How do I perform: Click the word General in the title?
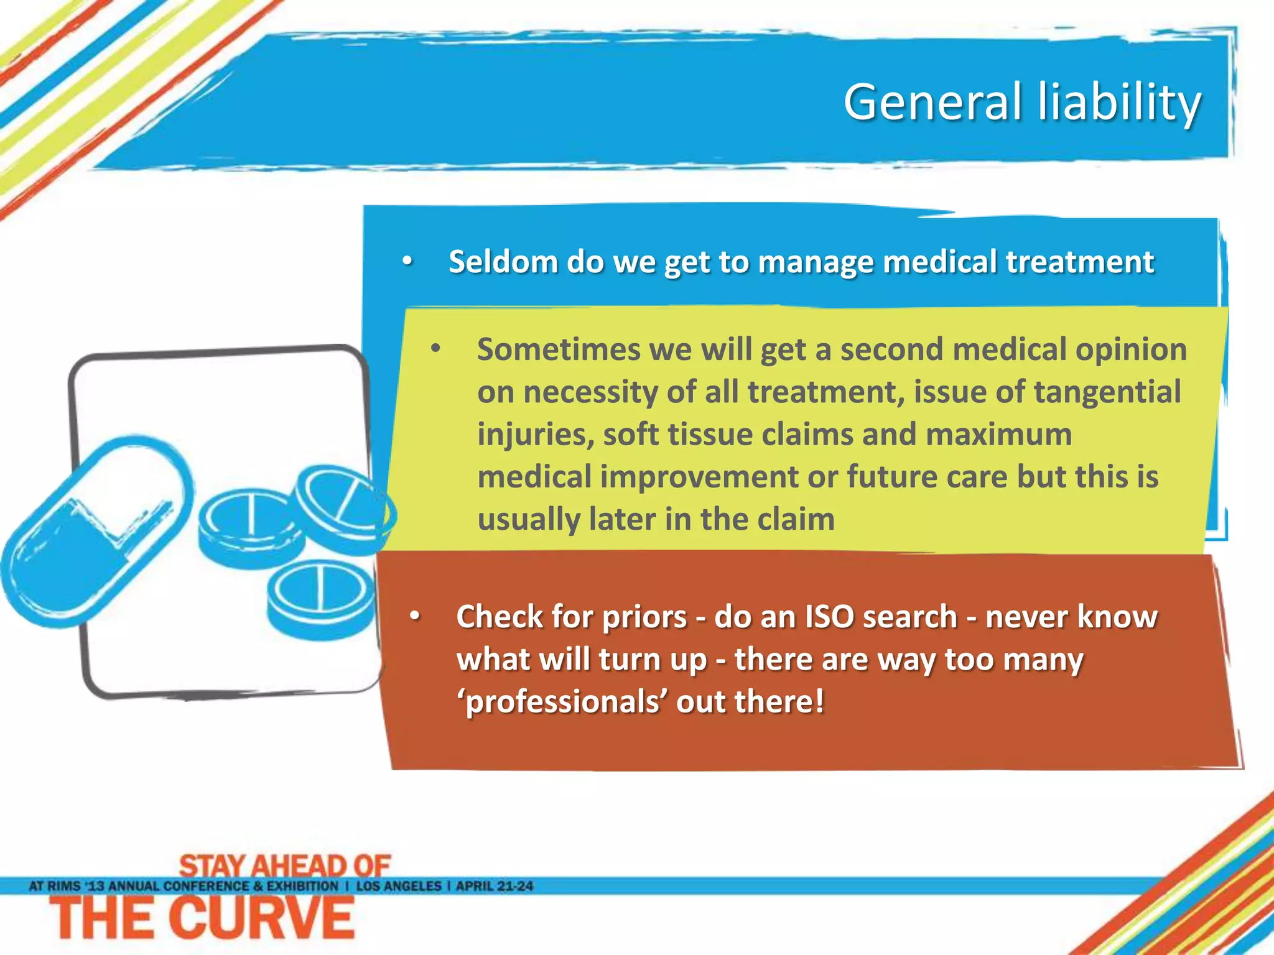click(932, 102)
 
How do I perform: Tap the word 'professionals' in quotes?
click(562, 702)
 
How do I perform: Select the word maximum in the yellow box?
click(998, 434)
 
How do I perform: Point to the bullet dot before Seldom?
click(407, 262)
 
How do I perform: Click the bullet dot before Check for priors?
click(415, 617)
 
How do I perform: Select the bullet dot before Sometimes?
click(435, 349)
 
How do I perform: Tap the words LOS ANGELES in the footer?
click(398, 886)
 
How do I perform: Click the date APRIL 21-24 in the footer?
click(495, 886)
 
